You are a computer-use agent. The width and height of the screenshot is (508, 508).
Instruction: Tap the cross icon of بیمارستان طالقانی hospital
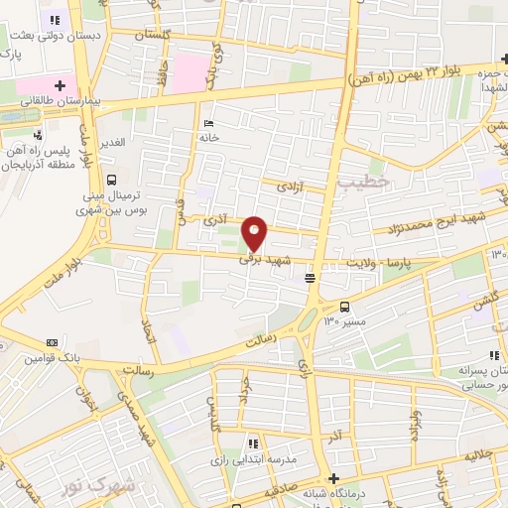(x=60, y=84)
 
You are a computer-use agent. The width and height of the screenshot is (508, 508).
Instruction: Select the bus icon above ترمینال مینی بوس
(x=111, y=181)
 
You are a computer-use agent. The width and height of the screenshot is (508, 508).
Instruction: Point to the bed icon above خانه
(x=207, y=123)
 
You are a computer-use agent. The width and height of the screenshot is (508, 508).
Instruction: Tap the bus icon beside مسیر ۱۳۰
(x=344, y=307)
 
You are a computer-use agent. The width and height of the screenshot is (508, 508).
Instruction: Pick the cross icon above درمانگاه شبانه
(x=334, y=478)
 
